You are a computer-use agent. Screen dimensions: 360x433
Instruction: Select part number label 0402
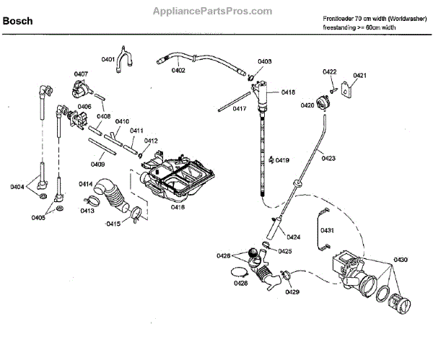point(178,70)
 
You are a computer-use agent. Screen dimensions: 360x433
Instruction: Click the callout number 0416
point(178,207)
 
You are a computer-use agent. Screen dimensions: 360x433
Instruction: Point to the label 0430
point(400,260)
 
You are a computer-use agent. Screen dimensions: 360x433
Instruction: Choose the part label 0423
point(328,158)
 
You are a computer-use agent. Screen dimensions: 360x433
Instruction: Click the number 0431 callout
point(327,230)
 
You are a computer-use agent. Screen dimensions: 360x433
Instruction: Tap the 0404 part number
point(17,188)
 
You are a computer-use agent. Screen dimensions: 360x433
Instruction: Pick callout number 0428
point(241,283)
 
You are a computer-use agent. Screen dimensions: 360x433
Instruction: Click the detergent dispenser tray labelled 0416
point(177,176)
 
